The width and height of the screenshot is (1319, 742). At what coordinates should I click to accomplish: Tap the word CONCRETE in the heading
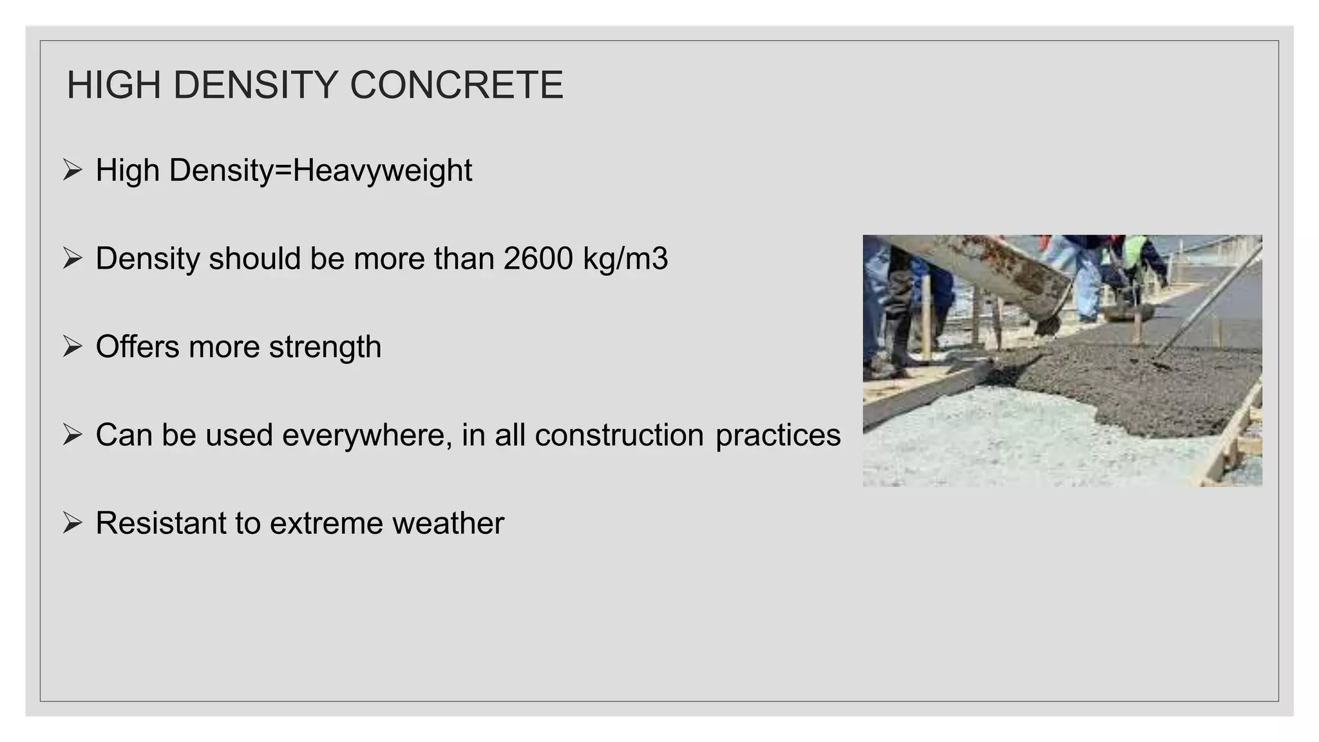457,85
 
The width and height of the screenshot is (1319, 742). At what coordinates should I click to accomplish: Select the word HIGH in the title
113,85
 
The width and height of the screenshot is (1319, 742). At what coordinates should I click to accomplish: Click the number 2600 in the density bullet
538,259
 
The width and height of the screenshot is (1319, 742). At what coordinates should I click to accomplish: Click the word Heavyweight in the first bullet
383,171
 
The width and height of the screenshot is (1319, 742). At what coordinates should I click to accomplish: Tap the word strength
325,348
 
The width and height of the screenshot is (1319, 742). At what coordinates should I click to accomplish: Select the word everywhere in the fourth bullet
367,435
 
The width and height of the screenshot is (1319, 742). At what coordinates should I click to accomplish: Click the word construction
619,435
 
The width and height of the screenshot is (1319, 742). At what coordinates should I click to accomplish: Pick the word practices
778,435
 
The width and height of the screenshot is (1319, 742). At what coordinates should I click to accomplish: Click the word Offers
137,347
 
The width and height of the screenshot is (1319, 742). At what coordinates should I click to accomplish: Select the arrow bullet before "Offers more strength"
73,347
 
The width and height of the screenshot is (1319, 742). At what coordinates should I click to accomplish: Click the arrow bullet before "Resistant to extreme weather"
73,523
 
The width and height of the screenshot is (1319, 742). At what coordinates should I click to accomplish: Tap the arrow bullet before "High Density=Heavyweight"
73,171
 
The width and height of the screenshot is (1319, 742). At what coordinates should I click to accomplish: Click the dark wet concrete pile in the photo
1134,386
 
